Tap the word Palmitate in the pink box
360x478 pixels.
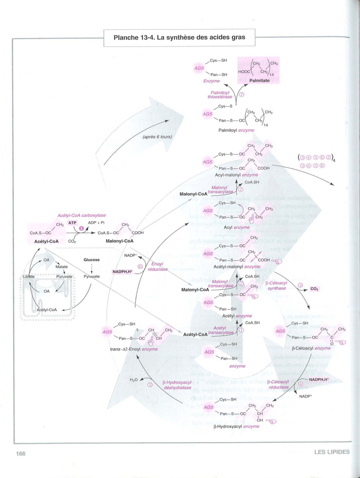pos(259,81)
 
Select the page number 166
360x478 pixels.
pos(21,454)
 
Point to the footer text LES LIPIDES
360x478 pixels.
pos(332,452)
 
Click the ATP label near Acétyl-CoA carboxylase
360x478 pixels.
pos(72,223)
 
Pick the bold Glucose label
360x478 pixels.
pos(92,260)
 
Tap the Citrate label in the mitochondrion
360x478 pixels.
pos(28,277)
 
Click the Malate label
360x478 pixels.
pos(62,267)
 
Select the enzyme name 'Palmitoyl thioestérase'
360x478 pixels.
pos(220,95)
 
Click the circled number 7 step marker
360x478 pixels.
pos(241,94)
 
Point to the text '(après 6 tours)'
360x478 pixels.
pos(157,137)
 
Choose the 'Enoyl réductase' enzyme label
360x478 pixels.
pos(157,267)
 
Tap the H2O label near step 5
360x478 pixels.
pos(134,380)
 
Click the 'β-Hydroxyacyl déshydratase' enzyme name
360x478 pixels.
pos(177,385)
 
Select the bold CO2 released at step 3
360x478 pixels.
pos(314,289)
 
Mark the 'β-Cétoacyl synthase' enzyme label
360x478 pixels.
pos(276,286)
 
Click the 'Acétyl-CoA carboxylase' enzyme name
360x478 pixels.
pos(82,215)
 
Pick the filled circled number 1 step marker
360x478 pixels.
pos(81,228)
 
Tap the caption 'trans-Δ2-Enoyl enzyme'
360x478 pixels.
pos(134,349)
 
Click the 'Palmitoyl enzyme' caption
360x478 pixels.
pos(236,130)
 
